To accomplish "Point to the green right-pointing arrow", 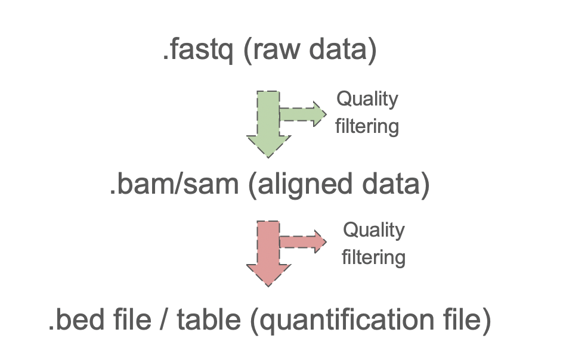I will click(304, 114).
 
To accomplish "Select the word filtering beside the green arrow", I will click(367, 126).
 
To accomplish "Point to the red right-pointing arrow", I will click(304, 241).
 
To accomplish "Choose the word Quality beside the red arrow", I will click(374, 230).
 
